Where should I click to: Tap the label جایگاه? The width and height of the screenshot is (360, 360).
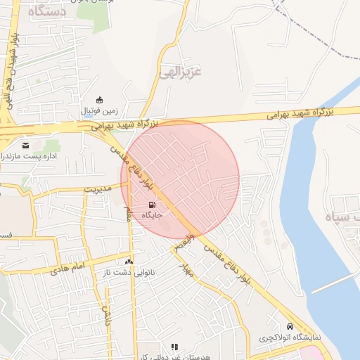[153, 214]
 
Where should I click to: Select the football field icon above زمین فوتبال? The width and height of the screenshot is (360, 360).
[99, 100]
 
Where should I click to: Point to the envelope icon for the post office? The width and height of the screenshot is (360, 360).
[25, 145]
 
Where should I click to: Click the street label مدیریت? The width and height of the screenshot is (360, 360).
[98, 189]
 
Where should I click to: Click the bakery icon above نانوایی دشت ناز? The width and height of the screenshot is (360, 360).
[129, 261]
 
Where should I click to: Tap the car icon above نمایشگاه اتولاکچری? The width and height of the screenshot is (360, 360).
[290, 327]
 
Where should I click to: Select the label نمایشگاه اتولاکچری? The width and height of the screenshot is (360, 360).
[289, 337]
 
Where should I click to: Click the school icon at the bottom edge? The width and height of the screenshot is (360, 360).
[175, 347]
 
